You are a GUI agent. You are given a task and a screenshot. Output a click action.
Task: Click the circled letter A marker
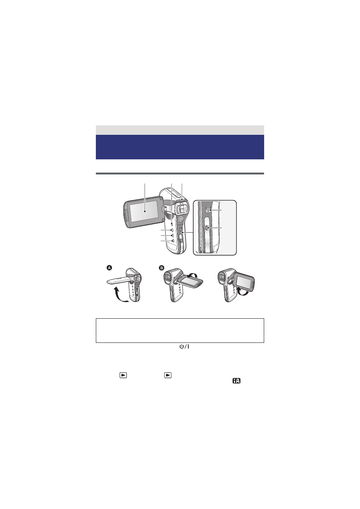109,268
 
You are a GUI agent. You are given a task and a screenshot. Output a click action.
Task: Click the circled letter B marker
162,268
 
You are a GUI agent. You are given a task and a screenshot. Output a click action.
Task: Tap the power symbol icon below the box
184,347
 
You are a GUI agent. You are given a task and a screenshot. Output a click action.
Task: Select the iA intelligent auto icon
236,381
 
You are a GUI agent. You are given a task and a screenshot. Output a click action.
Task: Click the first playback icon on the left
123,375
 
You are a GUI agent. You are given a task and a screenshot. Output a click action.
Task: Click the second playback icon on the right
168,375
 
